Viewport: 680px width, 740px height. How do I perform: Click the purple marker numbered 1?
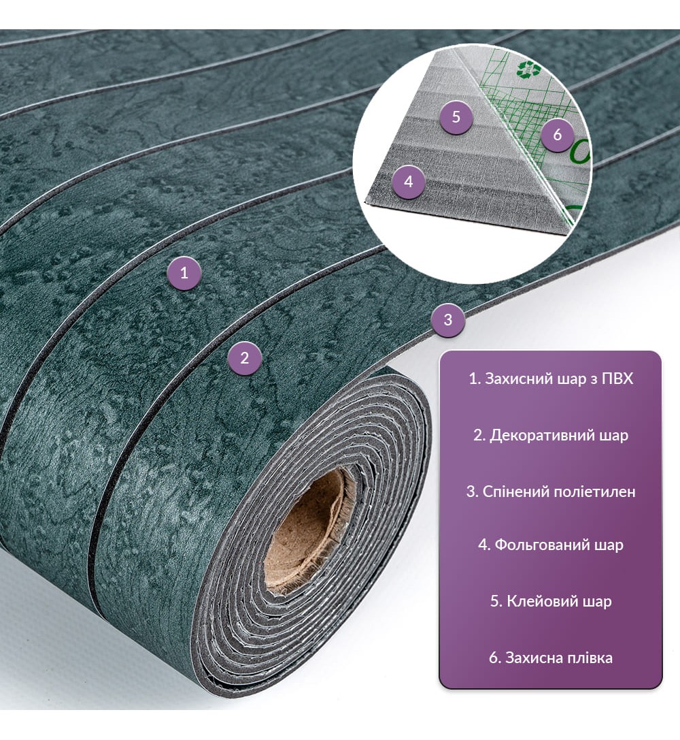(184, 273)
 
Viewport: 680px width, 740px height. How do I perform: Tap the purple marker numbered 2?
(244, 358)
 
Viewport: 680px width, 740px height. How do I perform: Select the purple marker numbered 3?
(447, 320)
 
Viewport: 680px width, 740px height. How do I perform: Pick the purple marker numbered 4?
(409, 182)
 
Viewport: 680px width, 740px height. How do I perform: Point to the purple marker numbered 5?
(456, 117)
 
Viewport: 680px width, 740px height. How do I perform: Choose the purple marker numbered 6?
(558, 135)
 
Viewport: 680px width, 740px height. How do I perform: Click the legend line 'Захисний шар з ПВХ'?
(551, 379)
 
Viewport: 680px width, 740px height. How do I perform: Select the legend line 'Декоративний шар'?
(551, 435)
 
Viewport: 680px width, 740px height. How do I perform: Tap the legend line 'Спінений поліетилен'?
(551, 492)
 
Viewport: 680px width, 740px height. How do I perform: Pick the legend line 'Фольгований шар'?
(551, 545)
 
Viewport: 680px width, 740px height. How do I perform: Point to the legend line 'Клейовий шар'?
(551, 601)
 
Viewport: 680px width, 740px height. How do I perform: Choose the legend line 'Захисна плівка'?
(551, 658)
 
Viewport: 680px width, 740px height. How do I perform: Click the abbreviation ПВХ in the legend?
(617, 379)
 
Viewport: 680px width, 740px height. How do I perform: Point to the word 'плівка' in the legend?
(585, 658)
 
